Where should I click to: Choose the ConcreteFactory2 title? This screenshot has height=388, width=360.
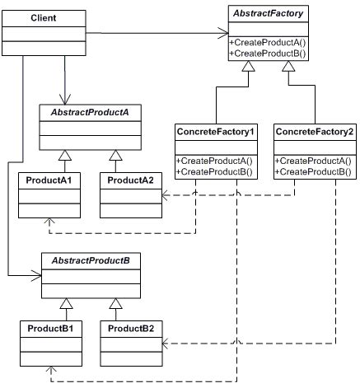click(x=315, y=132)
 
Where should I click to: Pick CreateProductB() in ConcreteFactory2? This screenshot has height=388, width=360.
click(x=314, y=171)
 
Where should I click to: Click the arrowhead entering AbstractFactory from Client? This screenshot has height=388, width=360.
click(x=222, y=34)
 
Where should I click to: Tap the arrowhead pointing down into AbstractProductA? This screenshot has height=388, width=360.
click(x=63, y=99)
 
